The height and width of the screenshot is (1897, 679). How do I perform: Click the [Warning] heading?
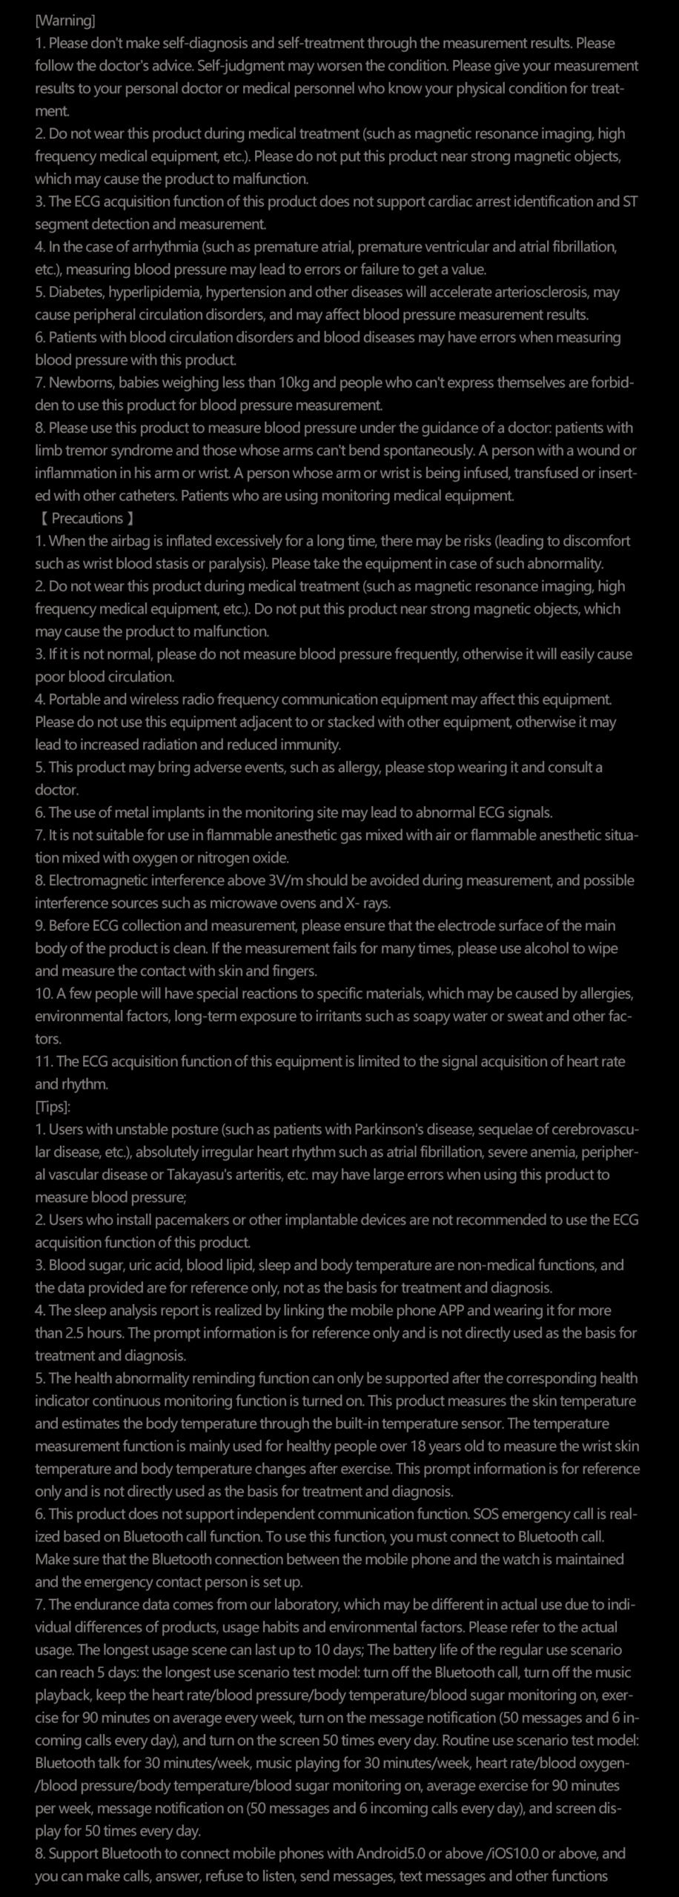pyautogui.click(x=65, y=21)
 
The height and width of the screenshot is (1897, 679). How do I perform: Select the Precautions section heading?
pyautogui.click(x=87, y=518)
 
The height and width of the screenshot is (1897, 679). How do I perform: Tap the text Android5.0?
pyautogui.click(x=393, y=1853)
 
